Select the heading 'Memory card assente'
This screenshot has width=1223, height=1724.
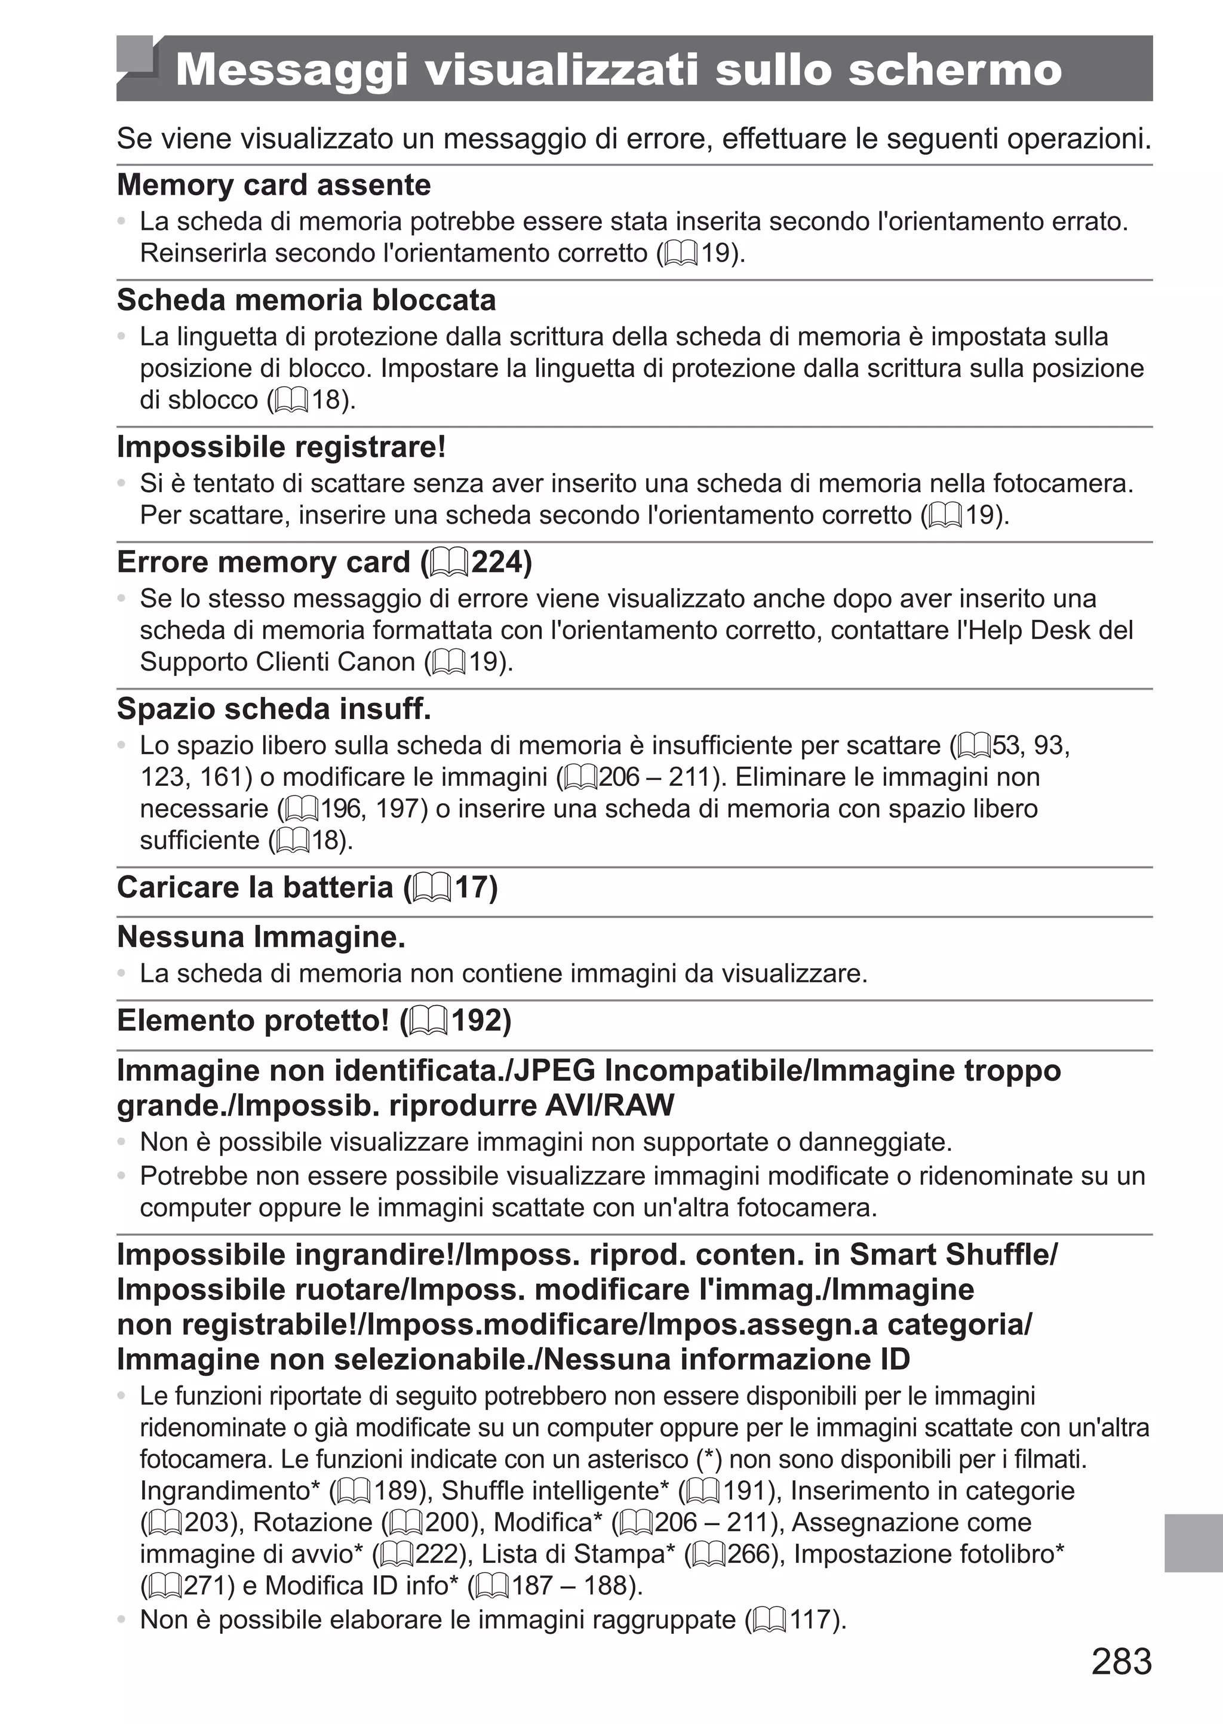click(274, 185)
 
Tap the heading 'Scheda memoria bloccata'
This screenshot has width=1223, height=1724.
click(306, 300)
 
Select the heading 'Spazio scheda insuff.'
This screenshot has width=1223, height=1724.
click(274, 709)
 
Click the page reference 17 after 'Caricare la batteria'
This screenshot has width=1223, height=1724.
click(476, 887)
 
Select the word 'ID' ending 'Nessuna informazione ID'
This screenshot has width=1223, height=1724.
click(895, 1360)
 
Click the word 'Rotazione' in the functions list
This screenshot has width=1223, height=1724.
click(312, 1523)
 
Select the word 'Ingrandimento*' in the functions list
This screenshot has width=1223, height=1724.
click(231, 1491)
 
